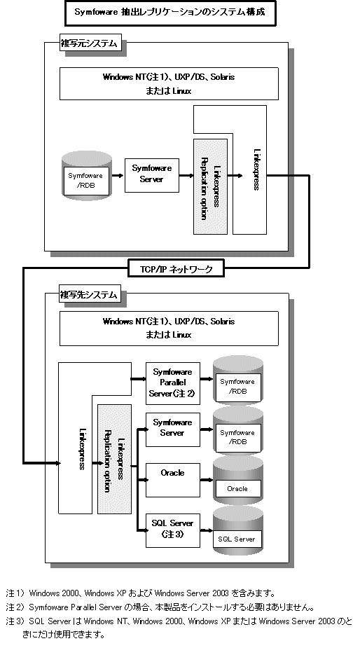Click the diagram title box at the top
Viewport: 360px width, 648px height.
[170, 13]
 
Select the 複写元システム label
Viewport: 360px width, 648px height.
[91, 43]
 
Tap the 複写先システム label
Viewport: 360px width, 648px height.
[90, 294]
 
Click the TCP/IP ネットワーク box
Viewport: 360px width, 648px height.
[176, 268]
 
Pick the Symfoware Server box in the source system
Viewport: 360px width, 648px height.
[152, 175]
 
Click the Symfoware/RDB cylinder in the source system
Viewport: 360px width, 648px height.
[86, 174]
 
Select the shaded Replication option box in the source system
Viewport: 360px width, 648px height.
[210, 186]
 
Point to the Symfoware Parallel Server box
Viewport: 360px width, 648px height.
[173, 383]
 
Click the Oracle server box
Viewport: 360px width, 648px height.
[173, 480]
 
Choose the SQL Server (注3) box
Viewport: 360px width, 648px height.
[173, 530]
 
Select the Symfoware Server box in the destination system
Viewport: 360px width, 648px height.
[173, 429]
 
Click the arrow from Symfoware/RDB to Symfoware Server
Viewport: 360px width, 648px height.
[118, 176]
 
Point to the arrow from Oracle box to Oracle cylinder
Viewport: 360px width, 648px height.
[207, 480]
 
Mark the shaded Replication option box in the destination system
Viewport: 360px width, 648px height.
[114, 459]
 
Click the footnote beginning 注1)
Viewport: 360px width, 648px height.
[141, 593]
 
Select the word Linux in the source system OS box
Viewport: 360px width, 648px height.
[182, 91]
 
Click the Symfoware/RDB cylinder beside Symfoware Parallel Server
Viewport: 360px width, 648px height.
[237, 380]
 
